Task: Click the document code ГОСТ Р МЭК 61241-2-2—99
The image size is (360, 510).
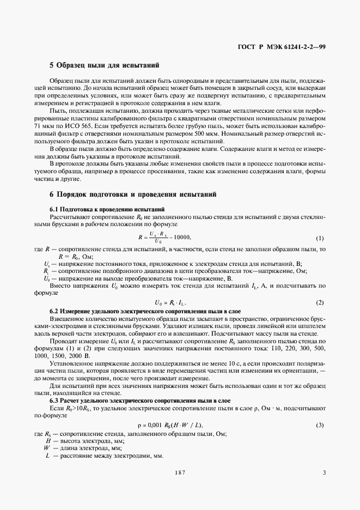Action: pyautogui.click(x=282, y=47)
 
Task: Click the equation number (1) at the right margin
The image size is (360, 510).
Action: pyautogui.click(x=320, y=239)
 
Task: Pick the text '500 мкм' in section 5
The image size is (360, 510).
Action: pyautogui.click(x=261, y=133)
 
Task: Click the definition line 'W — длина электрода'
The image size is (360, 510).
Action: pyautogui.click(x=82, y=448)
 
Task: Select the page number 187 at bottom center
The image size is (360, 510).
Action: pyautogui.click(x=180, y=473)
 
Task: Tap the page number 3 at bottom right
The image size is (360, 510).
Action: pyautogui.click(x=324, y=473)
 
